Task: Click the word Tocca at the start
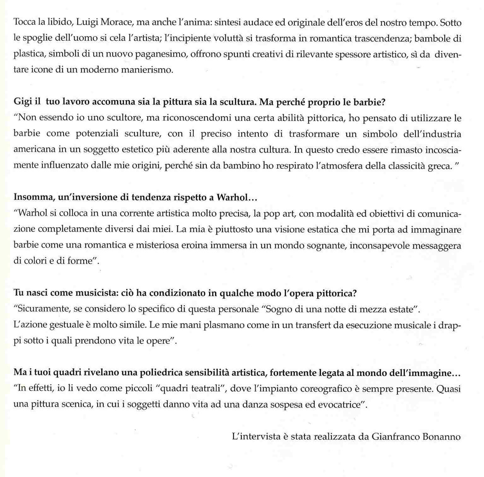[24, 22]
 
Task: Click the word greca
[439, 165]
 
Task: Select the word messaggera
[437, 245]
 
